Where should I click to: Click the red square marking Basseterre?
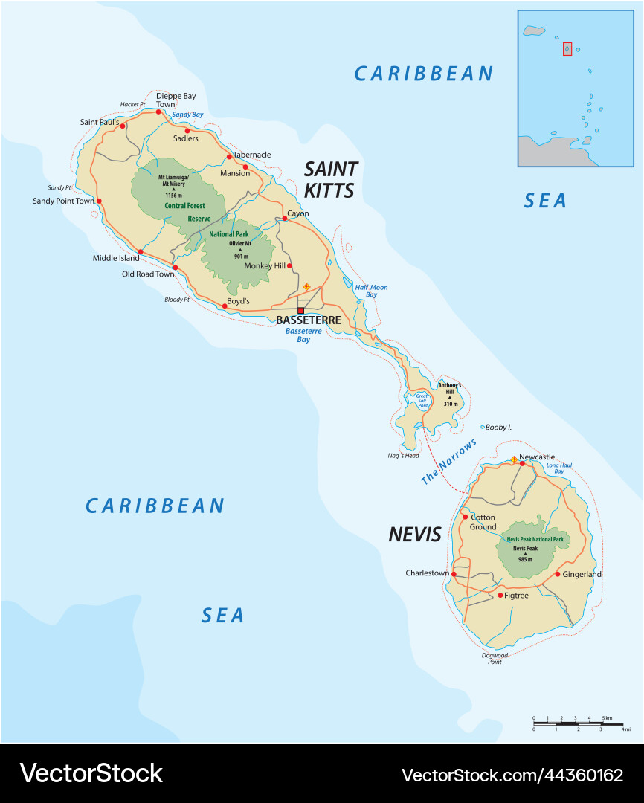[x=300, y=311]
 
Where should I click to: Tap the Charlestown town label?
[x=427, y=573]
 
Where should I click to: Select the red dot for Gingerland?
[x=557, y=574]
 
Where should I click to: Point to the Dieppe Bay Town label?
[x=176, y=100]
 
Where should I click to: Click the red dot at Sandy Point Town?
[x=99, y=201]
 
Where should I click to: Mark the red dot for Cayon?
[x=284, y=219]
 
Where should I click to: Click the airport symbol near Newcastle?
[x=513, y=459]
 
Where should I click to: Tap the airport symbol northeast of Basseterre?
[x=306, y=286]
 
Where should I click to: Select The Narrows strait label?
[x=448, y=462]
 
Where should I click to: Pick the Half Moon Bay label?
[x=371, y=291]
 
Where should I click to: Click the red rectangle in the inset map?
[x=567, y=48]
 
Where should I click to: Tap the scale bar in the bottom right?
[x=581, y=723]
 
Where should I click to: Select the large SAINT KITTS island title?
[x=330, y=180]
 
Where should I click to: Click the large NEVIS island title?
[x=414, y=535]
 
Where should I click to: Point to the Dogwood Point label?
[x=495, y=658]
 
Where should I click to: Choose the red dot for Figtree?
[x=500, y=595]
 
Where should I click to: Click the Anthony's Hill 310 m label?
[x=449, y=394]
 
